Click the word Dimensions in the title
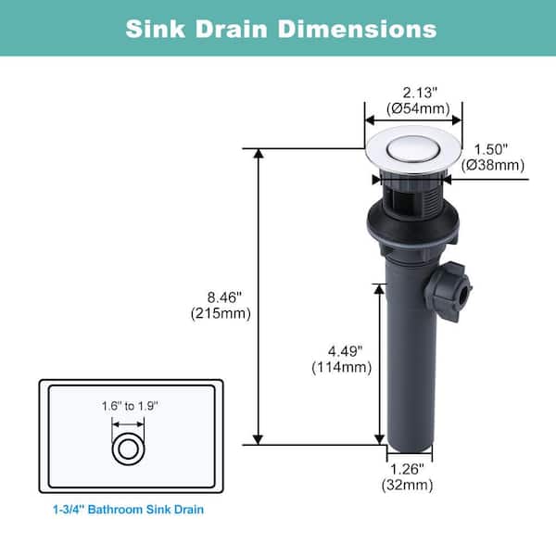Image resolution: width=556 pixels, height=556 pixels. [x=358, y=29]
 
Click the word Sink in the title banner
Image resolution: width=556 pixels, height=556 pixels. [x=156, y=29]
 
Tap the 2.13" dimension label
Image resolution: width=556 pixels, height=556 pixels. [x=420, y=93]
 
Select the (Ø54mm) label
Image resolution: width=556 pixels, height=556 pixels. [x=418, y=108]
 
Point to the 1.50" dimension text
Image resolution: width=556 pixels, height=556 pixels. [x=491, y=149]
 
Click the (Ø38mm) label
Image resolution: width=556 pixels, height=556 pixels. [x=493, y=165]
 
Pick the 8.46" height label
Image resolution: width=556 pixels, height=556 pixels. [x=224, y=297]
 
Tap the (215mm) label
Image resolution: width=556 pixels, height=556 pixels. [x=221, y=313]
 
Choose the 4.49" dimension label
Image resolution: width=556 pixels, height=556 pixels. [x=345, y=351]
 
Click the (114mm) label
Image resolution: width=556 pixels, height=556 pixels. [x=342, y=367]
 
